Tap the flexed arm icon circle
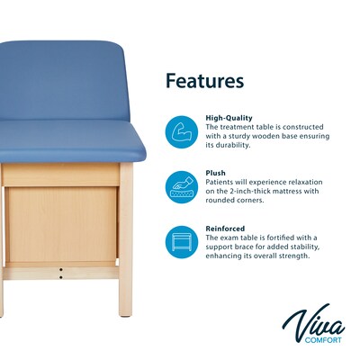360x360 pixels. pyautogui.click(x=181, y=130)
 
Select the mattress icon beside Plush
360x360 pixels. pyautogui.click(x=181, y=186)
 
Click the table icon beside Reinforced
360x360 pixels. pyautogui.click(x=181, y=241)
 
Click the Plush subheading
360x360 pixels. pyautogui.click(x=215, y=172)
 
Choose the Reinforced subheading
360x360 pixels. pyautogui.click(x=226, y=228)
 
